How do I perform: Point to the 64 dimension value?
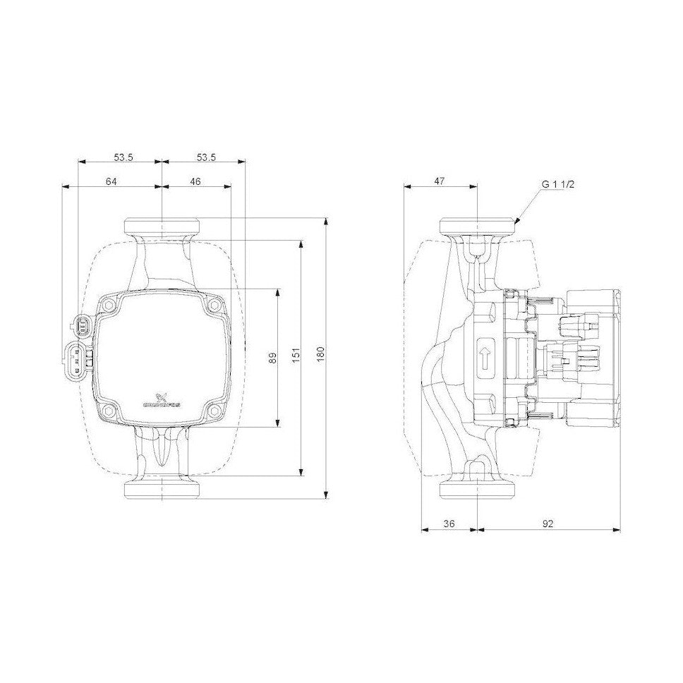pos(111,181)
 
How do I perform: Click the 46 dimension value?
pos(195,181)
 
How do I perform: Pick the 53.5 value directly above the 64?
pos(120,157)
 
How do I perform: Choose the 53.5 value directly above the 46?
pos(204,157)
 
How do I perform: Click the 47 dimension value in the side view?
pos(440,181)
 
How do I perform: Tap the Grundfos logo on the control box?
pos(162,401)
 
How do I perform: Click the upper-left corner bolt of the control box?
pos(108,306)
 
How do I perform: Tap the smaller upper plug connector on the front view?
pos(80,325)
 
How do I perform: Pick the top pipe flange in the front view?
pos(162,227)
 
